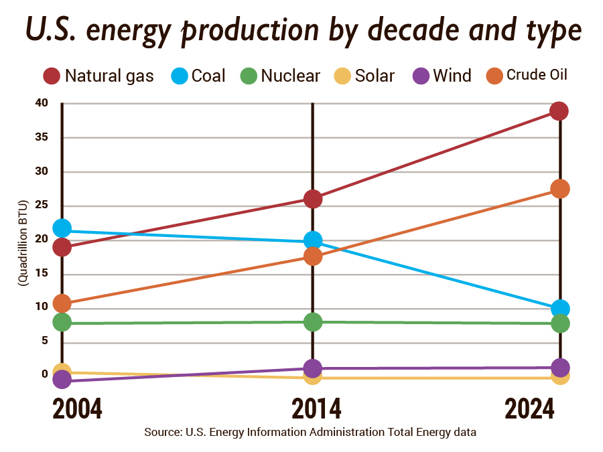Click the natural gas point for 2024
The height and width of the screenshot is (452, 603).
[559, 110]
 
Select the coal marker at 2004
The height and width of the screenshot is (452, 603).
[62, 229]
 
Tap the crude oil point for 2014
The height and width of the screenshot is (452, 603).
[313, 256]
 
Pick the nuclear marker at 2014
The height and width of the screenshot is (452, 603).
[313, 322]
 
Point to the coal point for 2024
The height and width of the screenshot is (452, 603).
[559, 309]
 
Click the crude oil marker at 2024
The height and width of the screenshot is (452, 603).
[559, 189]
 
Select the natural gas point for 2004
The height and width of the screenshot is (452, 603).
[62, 247]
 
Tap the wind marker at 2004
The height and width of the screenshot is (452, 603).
[62, 380]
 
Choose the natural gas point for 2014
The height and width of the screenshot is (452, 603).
[313, 199]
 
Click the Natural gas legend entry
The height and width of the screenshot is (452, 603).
[98, 76]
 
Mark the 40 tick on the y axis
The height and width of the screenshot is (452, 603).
[42, 103]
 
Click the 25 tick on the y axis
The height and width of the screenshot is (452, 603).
[42, 205]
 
